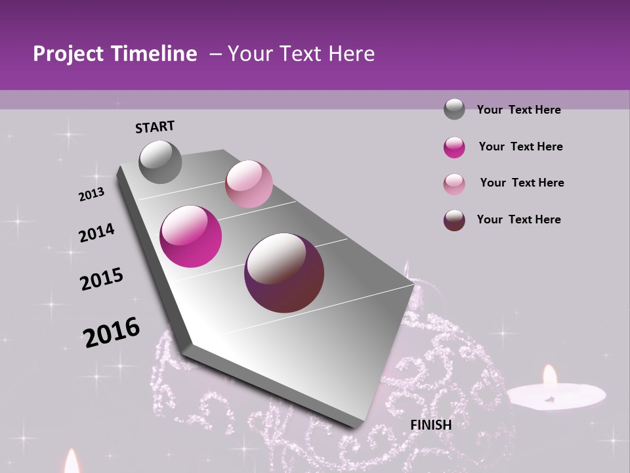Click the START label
click(155, 126)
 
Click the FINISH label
click(430, 425)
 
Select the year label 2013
click(91, 194)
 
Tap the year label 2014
click(96, 233)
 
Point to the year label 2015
click(102, 279)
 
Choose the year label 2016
click(112, 332)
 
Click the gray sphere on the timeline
click(160, 162)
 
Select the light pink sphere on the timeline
click(249, 183)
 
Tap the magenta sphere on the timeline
click(191, 236)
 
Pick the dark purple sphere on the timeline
click(284, 273)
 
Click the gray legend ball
click(454, 109)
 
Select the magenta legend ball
click(454, 147)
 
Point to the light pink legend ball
click(454, 183)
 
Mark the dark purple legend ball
click(454, 220)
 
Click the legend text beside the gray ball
click(518, 110)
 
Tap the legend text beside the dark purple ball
click(518, 219)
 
